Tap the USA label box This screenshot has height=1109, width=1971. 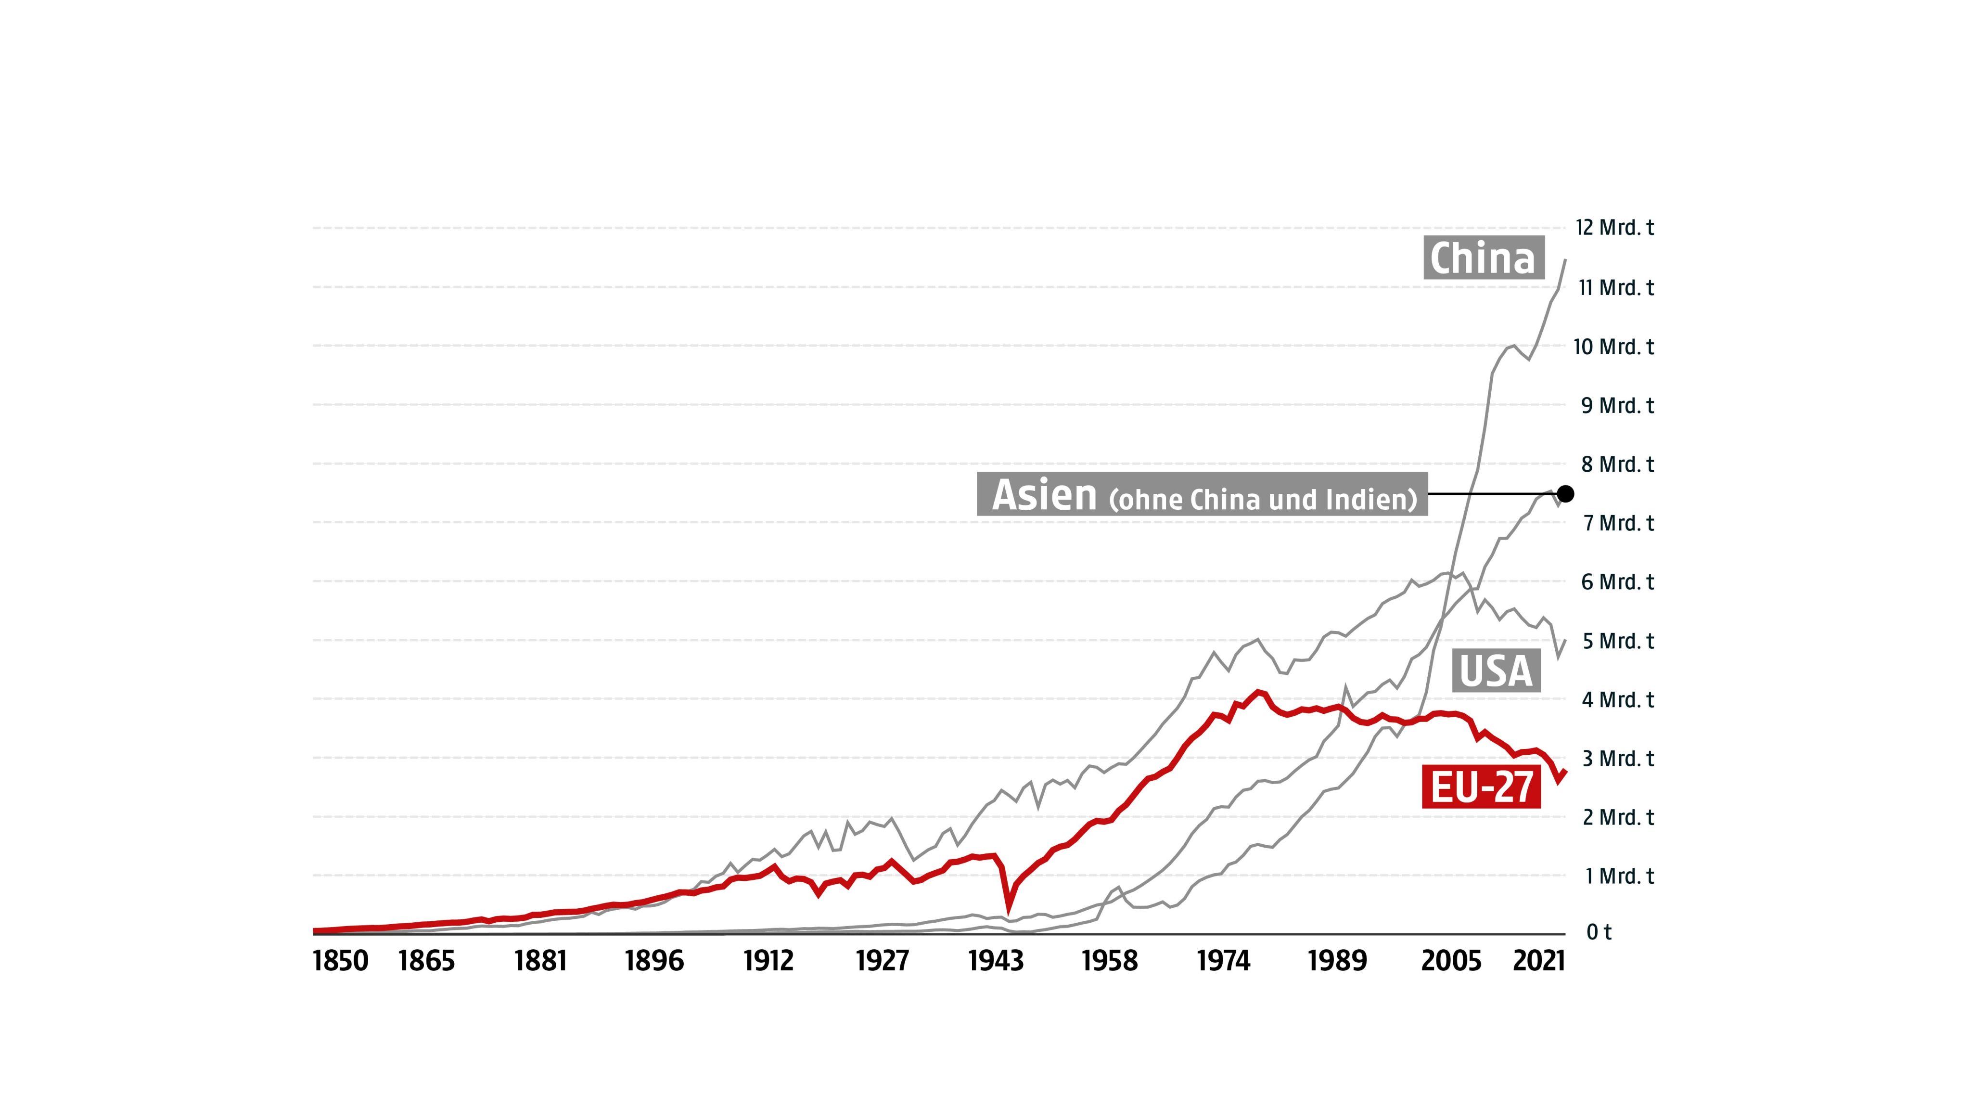(x=1496, y=671)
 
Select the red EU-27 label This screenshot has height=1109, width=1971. (x=1481, y=787)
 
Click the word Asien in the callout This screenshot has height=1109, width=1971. (x=1044, y=495)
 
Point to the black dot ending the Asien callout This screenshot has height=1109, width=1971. (x=1565, y=494)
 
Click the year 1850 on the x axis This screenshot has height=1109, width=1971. (x=341, y=961)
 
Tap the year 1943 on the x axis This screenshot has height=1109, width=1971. (x=996, y=961)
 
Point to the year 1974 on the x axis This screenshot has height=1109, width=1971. (x=1224, y=961)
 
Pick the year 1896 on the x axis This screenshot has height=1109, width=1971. (x=654, y=961)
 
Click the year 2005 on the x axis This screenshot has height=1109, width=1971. (x=1451, y=961)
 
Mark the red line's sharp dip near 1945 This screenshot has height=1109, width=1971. (x=1009, y=911)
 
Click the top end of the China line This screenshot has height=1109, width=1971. (x=1565, y=261)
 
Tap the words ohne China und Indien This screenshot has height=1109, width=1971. (x=1263, y=500)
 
